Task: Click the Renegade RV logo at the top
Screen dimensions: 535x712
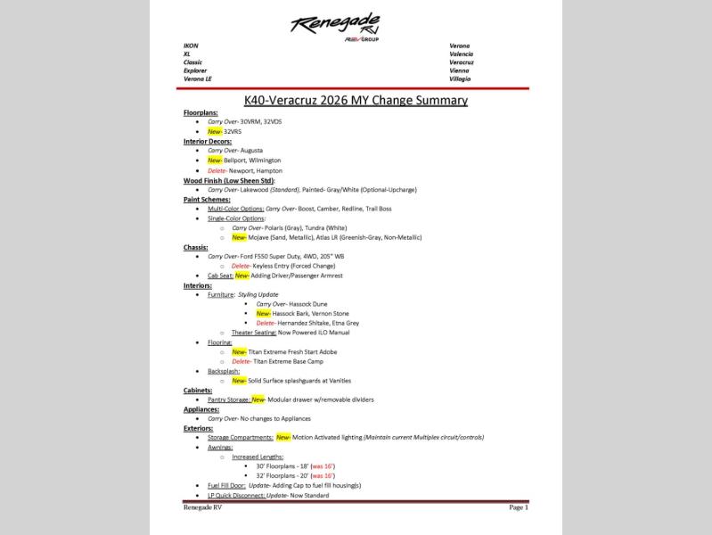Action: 335,26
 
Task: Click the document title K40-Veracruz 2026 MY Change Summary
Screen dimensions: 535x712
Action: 356,100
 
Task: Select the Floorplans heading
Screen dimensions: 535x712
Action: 201,112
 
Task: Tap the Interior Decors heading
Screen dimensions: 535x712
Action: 207,141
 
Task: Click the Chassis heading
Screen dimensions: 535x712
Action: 195,247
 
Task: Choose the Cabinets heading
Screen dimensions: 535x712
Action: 198,391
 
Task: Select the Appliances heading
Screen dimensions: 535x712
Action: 201,409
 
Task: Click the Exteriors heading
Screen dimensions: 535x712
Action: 199,428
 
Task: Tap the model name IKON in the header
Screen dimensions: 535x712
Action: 191,45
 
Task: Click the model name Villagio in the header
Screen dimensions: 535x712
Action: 460,78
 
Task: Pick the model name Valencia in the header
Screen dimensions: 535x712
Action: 461,54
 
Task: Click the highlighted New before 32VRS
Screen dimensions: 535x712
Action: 214,131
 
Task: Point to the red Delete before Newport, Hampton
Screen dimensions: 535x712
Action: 217,170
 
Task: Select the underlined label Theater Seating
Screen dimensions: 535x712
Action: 254,333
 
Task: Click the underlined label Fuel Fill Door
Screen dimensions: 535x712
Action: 226,485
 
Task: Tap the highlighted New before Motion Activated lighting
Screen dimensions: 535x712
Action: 283,438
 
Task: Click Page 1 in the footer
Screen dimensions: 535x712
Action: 519,507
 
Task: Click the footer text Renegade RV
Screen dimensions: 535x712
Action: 202,507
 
